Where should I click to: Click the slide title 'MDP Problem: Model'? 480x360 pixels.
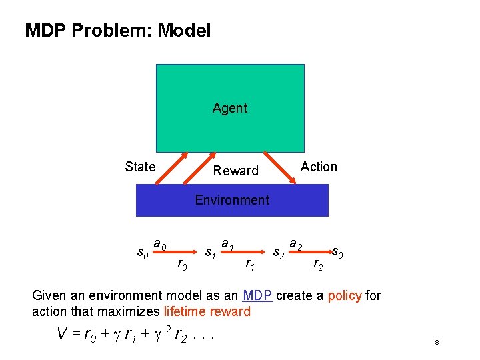pyautogui.click(x=117, y=30)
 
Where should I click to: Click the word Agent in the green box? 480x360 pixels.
pyautogui.click(x=230, y=108)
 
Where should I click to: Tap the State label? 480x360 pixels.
pyautogui.click(x=140, y=167)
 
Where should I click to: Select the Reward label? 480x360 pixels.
pyautogui.click(x=235, y=171)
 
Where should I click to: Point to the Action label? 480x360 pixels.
pyautogui.click(x=319, y=167)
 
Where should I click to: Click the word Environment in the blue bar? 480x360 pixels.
pyautogui.click(x=232, y=200)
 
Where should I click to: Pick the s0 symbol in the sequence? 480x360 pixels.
pyautogui.click(x=142, y=253)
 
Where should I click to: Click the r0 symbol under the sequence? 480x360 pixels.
pyautogui.click(x=181, y=266)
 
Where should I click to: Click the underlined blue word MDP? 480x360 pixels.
pyautogui.click(x=257, y=295)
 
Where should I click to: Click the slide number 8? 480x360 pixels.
pyautogui.click(x=436, y=343)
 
